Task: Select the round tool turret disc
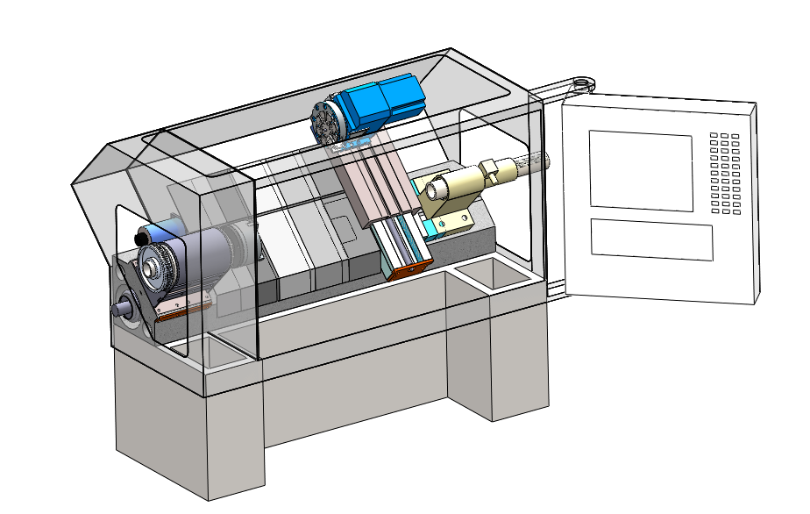(327, 124)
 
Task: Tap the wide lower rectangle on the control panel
(650, 239)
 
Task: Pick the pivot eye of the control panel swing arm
(582, 84)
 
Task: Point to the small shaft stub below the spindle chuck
(123, 308)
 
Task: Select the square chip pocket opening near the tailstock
(491, 275)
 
